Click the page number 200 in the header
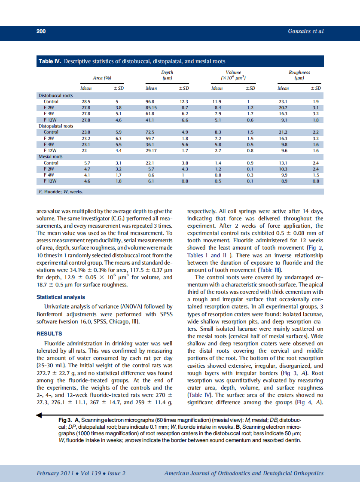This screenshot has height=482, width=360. [x=41, y=31]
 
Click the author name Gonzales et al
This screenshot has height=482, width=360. [x=306, y=31]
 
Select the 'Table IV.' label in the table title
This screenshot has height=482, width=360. [x=50, y=61]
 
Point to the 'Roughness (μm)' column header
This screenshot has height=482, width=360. [x=299, y=75]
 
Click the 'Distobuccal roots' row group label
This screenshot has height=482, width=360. [x=55, y=95]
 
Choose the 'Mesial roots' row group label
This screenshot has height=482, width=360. [x=51, y=157]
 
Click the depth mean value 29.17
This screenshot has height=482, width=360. [x=151, y=151]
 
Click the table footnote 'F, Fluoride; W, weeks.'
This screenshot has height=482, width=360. [x=61, y=192]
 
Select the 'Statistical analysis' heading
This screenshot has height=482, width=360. [x=61, y=297]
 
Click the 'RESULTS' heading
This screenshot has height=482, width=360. [x=49, y=333]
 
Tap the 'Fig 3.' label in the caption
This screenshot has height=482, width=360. [x=65, y=419]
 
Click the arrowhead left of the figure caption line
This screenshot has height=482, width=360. [x=40, y=415]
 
